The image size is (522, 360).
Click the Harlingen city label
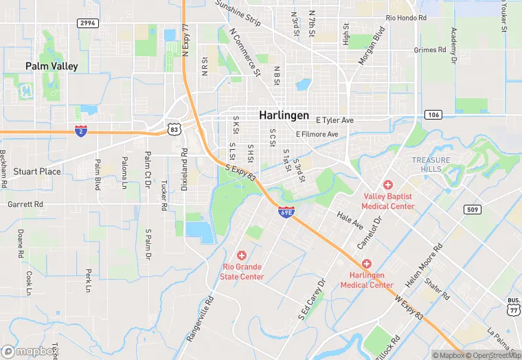coord(284,115)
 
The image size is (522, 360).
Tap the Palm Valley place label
coord(52,67)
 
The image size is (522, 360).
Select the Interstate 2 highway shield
coord(80,131)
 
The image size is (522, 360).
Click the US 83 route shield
coord(174,128)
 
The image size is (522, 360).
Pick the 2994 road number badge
coord(87,23)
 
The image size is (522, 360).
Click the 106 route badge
coord(433,114)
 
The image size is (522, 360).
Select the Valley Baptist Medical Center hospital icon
coord(388,185)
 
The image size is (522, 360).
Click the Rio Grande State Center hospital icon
coord(241,255)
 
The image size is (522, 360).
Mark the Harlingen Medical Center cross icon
coord(366,264)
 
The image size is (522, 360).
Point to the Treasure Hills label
coord(431,164)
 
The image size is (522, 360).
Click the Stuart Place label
coord(37,171)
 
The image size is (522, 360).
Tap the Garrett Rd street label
coord(25,204)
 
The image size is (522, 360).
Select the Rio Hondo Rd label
coord(406,17)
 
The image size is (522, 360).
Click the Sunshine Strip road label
coord(238,12)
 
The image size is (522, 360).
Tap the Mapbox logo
coord(30,351)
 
